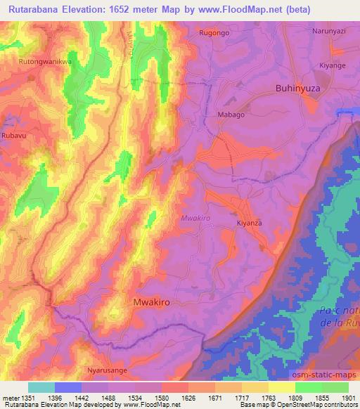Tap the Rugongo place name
[x=214, y=32]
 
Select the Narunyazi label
[x=330, y=31]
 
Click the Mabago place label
[x=231, y=115]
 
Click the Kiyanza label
[x=248, y=223]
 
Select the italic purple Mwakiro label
[x=196, y=219]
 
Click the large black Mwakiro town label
[x=151, y=301]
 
